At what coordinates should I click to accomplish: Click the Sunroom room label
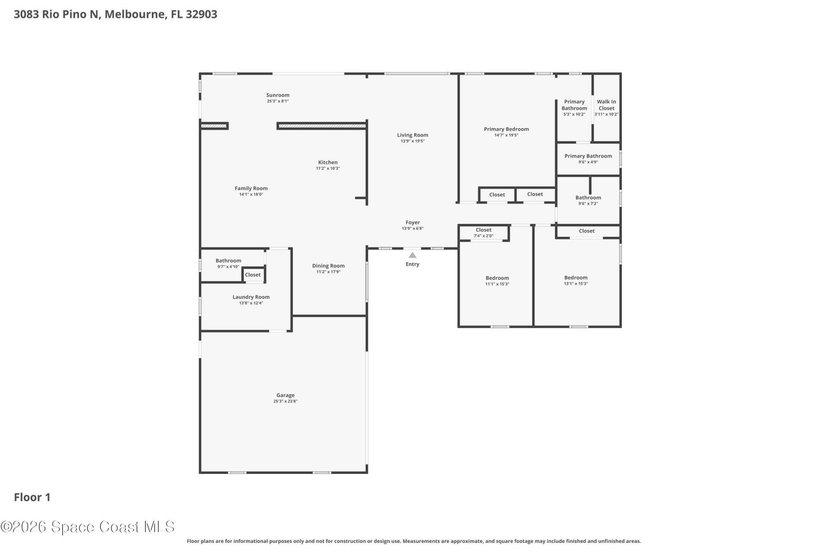[278, 95]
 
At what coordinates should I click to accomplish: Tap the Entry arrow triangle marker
[412, 255]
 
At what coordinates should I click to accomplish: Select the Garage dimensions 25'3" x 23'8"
[285, 401]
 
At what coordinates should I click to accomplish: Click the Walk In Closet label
[606, 105]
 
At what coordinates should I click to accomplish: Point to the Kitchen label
[328, 163]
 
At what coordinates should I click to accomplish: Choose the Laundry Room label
[251, 297]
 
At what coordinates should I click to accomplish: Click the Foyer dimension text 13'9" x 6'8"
[412, 229]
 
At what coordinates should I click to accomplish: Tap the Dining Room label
[328, 266]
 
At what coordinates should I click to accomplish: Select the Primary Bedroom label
[506, 129]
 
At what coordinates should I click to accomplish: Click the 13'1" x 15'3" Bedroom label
[576, 278]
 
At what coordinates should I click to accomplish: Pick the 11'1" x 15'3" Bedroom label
[497, 278]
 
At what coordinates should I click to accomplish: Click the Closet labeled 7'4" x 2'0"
[483, 230]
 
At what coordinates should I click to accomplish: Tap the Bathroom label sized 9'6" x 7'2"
[588, 198]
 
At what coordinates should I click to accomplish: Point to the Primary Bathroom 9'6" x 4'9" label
[588, 156]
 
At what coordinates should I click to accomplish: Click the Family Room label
[251, 188]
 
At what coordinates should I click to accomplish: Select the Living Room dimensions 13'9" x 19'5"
[412, 141]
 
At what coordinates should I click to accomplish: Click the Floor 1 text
[32, 497]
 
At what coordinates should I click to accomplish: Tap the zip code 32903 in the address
[201, 14]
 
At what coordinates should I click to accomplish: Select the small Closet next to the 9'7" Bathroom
[253, 275]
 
